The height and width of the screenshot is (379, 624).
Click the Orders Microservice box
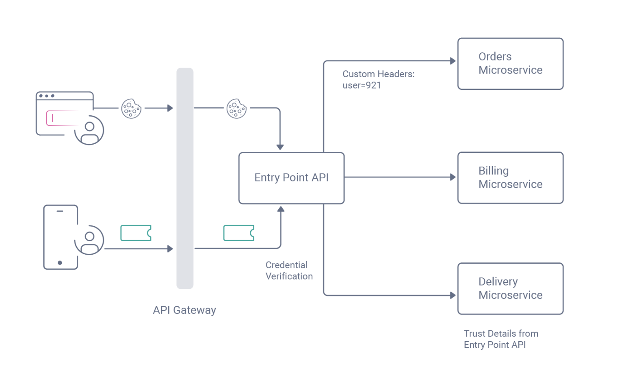click(510, 64)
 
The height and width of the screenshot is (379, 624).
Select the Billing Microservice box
click(510, 178)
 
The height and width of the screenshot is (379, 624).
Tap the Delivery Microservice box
click(510, 288)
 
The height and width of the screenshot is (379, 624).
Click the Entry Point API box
click(291, 178)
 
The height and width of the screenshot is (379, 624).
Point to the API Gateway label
click(184, 310)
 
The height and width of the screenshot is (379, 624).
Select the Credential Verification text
click(289, 271)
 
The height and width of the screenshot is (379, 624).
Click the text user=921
click(362, 85)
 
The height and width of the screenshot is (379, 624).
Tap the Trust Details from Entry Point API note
click(500, 339)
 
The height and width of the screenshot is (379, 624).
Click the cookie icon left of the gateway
click(131, 108)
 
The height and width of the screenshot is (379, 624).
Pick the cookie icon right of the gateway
click(236, 108)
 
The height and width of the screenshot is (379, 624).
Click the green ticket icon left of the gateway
click(136, 233)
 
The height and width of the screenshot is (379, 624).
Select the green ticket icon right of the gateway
click(239, 233)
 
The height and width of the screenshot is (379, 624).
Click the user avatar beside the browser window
click(89, 130)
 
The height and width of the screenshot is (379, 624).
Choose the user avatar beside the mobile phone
click(89, 240)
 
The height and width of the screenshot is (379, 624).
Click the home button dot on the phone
click(60, 263)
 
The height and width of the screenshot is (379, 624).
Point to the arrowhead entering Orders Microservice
click(453, 61)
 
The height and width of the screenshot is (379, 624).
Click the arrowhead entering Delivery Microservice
click(453, 295)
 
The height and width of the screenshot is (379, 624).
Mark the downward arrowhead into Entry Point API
click(280, 147)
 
